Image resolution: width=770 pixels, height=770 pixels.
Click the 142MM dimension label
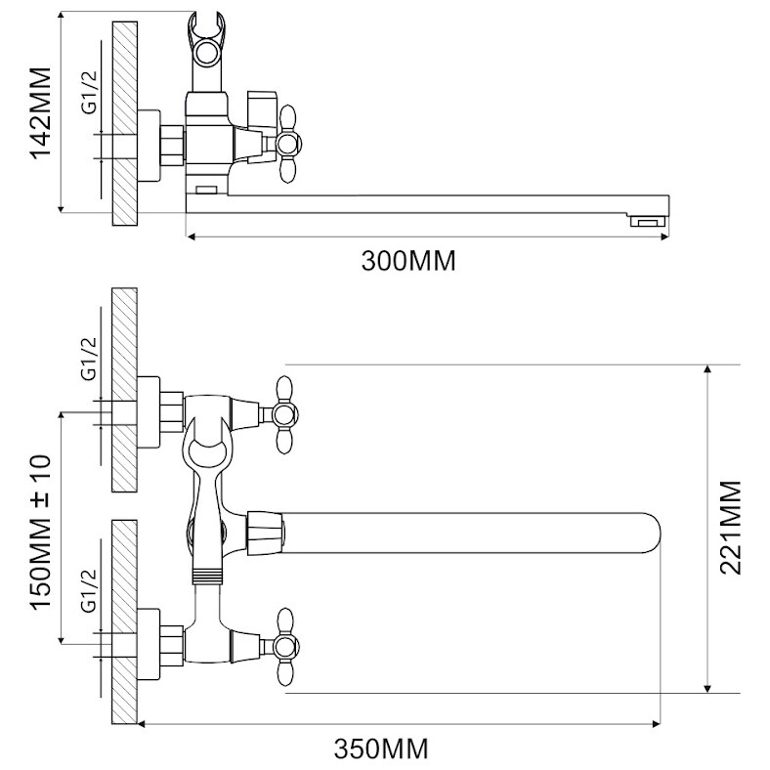[x=41, y=113]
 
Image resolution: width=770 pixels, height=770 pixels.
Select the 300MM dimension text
[x=408, y=261]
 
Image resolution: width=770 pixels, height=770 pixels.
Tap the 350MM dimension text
[x=381, y=749]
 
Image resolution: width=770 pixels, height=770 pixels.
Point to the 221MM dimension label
[x=730, y=528]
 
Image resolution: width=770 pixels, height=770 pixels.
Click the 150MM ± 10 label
[x=41, y=532]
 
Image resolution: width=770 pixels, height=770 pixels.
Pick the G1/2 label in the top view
[x=89, y=93]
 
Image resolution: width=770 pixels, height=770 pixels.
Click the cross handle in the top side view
[x=287, y=144]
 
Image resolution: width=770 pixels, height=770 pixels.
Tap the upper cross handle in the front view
[x=284, y=415]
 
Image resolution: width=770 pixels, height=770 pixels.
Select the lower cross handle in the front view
[x=284, y=647]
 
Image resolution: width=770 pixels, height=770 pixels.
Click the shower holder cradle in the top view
[x=206, y=39]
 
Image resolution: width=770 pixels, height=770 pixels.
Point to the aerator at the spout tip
[x=648, y=223]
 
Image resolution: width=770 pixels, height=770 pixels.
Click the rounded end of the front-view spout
[x=653, y=534]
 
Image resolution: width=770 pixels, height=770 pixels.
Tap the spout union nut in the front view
[x=265, y=534]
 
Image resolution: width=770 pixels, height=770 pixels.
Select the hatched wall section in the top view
[x=125, y=123]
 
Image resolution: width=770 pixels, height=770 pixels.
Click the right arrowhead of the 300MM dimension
[x=663, y=237]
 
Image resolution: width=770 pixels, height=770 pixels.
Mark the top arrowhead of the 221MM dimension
[x=707, y=369]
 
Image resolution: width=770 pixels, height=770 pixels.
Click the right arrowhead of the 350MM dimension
[x=655, y=724]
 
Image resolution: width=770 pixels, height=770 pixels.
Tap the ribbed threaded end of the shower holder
[x=206, y=576]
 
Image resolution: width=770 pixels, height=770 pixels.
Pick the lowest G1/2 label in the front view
[x=89, y=591]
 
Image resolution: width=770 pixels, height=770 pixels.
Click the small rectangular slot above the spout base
[x=207, y=190]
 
